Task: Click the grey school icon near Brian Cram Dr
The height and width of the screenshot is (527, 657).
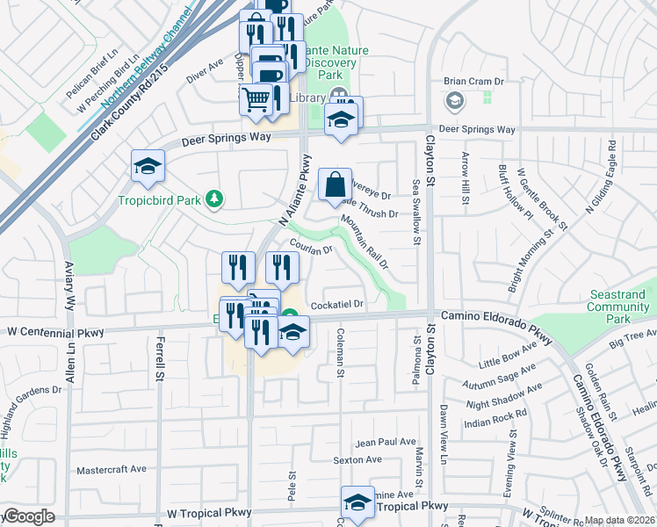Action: point(454,101)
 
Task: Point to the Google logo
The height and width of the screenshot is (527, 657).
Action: point(28,517)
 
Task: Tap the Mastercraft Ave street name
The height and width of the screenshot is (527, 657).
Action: point(112,469)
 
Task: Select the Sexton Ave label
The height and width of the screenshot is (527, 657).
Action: point(357,459)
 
